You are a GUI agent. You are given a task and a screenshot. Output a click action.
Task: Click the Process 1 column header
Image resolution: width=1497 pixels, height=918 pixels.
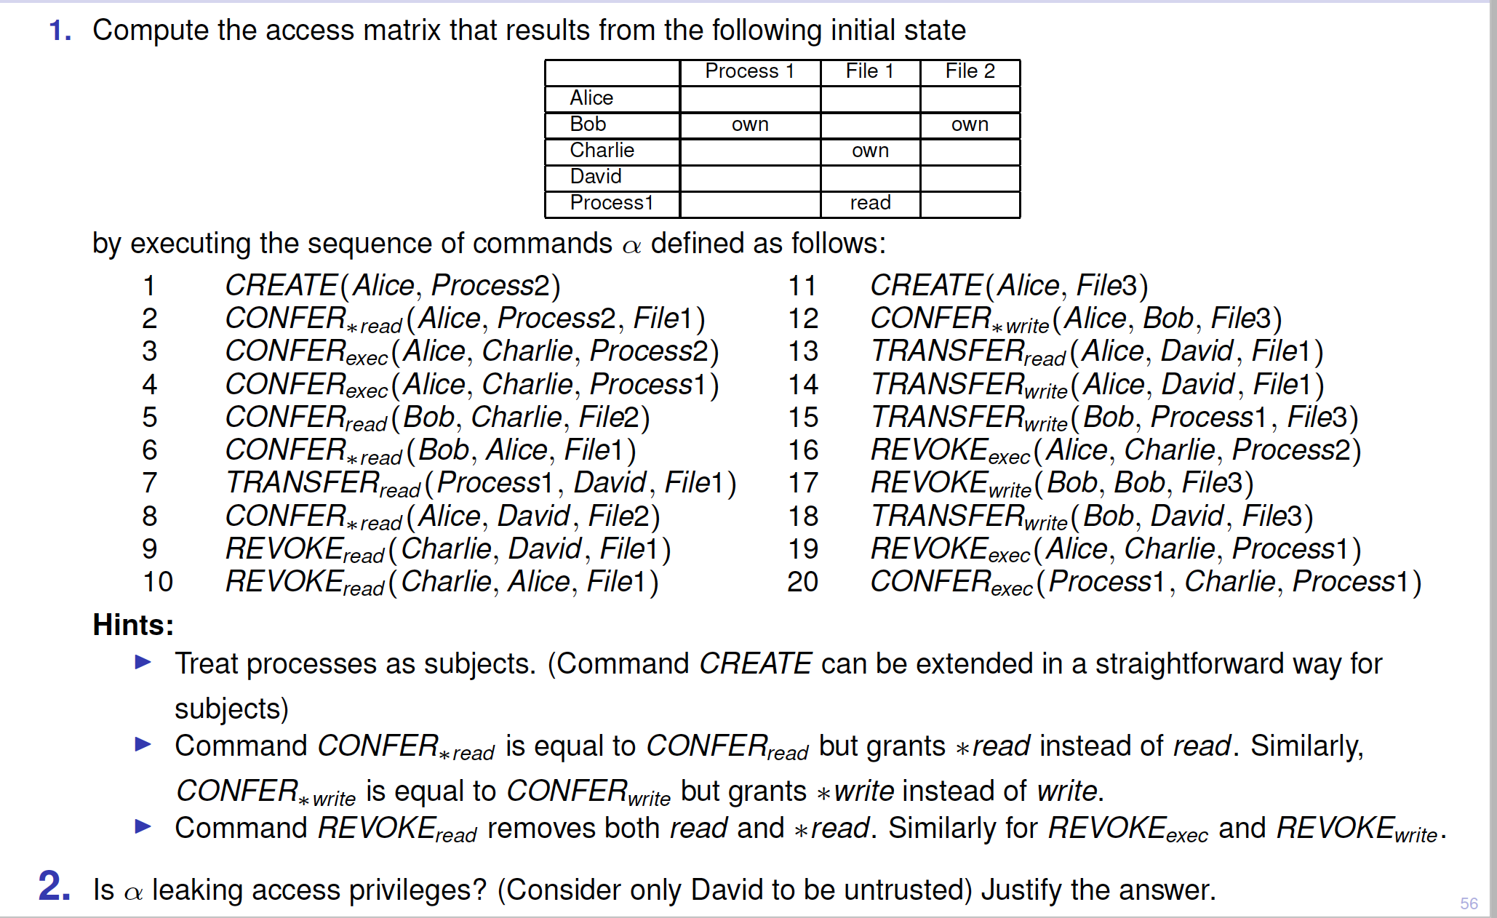click(749, 71)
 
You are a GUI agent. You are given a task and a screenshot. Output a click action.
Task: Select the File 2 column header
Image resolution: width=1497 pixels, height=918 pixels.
click(970, 71)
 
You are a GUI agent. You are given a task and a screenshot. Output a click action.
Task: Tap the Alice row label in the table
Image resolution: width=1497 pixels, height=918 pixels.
click(591, 97)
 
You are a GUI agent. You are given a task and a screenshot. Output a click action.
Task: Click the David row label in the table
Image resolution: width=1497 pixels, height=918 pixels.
click(596, 176)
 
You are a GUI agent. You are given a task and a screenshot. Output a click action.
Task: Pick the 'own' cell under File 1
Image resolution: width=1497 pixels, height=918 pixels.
click(870, 151)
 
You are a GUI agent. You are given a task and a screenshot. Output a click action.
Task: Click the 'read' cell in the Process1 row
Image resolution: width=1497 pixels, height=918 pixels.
click(870, 203)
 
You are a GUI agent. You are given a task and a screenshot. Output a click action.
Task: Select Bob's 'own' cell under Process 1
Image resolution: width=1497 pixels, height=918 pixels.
click(750, 124)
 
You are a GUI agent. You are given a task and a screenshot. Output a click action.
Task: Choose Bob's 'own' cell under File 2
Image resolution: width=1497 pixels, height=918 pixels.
click(970, 124)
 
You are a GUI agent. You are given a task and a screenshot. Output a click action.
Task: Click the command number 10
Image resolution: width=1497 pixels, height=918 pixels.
click(158, 582)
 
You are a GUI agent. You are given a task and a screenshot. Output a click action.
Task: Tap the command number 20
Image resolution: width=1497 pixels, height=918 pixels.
click(803, 582)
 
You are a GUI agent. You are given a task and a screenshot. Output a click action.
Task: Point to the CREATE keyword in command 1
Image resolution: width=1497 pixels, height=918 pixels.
click(281, 285)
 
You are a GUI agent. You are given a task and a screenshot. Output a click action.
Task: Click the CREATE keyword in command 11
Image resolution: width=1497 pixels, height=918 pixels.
click(926, 285)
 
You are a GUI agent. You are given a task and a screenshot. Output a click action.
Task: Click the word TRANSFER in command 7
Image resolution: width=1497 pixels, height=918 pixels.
click(302, 483)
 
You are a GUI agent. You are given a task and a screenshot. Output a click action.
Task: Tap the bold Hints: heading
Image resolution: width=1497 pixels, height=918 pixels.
click(133, 625)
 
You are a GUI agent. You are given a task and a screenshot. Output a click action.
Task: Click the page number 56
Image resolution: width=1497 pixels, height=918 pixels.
click(1469, 903)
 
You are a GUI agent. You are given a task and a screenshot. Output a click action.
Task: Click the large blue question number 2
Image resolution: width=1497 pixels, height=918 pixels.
click(55, 887)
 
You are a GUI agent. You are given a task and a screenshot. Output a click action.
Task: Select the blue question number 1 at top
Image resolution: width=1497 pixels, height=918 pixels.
click(60, 31)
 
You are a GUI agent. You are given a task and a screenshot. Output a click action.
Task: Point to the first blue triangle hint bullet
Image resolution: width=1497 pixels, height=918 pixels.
click(143, 662)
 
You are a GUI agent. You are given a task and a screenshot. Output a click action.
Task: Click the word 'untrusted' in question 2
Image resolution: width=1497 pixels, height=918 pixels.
click(907, 890)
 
